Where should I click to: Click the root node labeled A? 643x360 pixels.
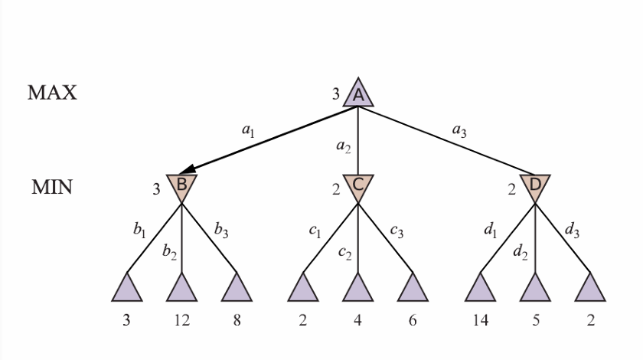pos(357,95)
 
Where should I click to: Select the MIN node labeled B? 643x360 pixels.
pos(181,185)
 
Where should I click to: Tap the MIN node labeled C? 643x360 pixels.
pos(357,185)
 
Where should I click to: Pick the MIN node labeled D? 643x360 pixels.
pos(534,185)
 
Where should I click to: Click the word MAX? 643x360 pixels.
pos(52,93)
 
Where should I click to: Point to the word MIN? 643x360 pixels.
pos(51,188)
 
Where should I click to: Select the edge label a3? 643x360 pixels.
pos(459,131)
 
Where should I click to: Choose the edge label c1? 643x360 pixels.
pos(315,231)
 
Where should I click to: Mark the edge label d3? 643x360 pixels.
pos(572,228)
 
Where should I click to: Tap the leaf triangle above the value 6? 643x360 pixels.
pos(413,289)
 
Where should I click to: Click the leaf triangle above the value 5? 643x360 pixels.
pos(535,289)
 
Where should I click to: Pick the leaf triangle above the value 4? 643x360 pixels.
pos(357,289)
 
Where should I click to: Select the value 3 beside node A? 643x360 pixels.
pos(335,95)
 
